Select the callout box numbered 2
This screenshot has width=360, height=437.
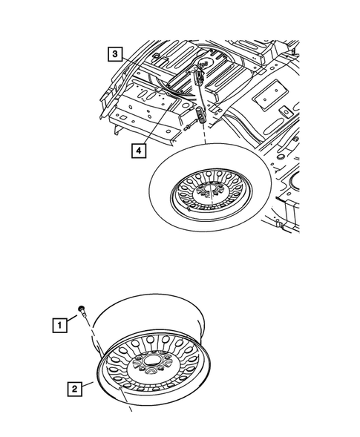[x=74, y=387]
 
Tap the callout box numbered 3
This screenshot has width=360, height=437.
[x=114, y=54]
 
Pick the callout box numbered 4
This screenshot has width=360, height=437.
[x=137, y=150]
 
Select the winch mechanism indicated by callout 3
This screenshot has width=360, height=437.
[x=198, y=76]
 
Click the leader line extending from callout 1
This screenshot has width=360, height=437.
[x=72, y=318]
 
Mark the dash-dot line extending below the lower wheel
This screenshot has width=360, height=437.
[x=128, y=403]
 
